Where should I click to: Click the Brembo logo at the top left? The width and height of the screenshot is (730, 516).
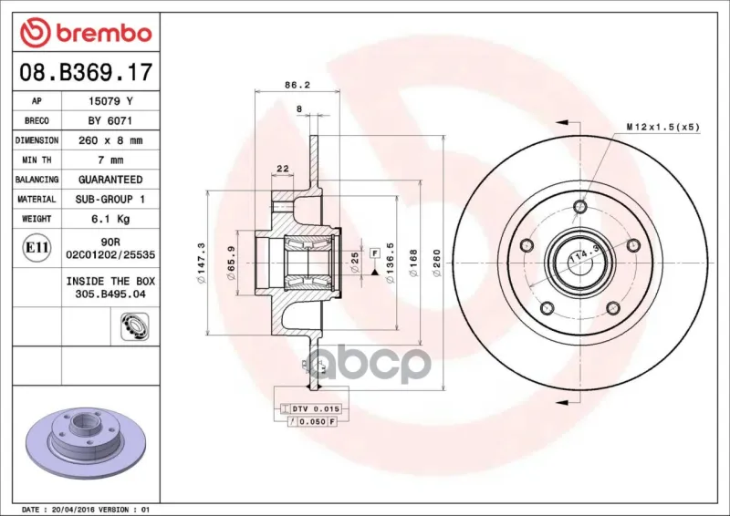click(x=86, y=33)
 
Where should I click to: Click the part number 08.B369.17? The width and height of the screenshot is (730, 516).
click(x=86, y=72)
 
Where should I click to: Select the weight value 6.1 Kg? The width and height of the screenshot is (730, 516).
click(x=110, y=219)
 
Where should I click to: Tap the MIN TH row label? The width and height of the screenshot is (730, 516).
click(x=36, y=160)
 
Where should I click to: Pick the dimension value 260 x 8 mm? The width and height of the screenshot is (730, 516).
click(x=110, y=140)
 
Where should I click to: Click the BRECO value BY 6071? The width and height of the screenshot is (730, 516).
click(x=110, y=120)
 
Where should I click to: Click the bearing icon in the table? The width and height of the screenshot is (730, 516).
click(x=134, y=325)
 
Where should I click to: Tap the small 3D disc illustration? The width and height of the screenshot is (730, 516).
click(x=87, y=443)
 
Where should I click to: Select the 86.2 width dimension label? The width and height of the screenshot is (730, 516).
click(x=297, y=85)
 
